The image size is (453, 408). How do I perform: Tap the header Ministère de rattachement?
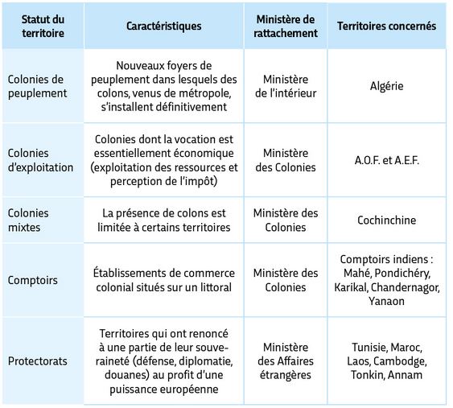[286, 26]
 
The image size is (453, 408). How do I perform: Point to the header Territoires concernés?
[387, 26]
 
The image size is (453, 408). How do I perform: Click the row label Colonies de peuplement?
[37, 86]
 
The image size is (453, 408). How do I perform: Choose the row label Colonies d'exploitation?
[40, 160]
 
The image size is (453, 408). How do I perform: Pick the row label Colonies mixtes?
[28, 220]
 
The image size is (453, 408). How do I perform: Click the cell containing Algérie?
[387, 86]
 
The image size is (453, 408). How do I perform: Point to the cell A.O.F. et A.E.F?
[387, 160]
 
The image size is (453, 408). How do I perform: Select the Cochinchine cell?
[387, 220]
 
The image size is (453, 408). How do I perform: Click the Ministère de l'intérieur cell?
[286, 86]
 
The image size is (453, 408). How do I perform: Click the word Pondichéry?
[404, 274]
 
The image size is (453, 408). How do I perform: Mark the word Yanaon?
[387, 301]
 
